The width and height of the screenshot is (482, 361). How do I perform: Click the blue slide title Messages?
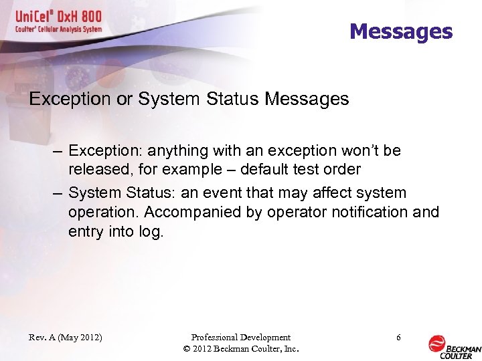click(400, 31)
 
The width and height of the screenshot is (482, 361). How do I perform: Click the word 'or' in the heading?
click(121, 100)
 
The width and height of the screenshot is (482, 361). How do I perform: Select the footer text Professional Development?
click(240, 338)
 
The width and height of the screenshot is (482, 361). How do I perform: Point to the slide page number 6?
click(398, 338)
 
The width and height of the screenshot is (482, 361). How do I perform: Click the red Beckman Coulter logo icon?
click(436, 343)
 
